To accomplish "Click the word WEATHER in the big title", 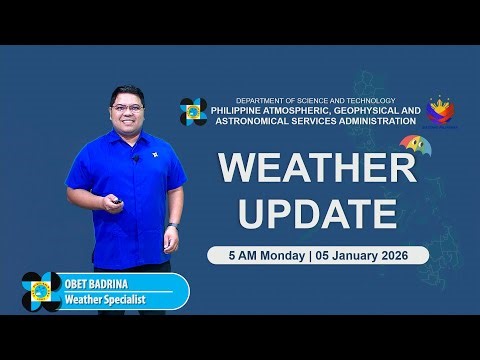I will coord(317,168).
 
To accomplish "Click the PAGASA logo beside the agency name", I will coord(193,112).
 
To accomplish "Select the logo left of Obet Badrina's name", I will coord(41,292).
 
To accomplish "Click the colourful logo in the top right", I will coord(441,112).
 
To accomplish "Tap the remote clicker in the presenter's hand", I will coord(119,203).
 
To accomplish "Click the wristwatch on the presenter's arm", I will coord(173,226).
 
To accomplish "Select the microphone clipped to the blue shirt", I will coord(136,158).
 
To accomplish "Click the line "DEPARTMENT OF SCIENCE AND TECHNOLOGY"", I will coord(315,100).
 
